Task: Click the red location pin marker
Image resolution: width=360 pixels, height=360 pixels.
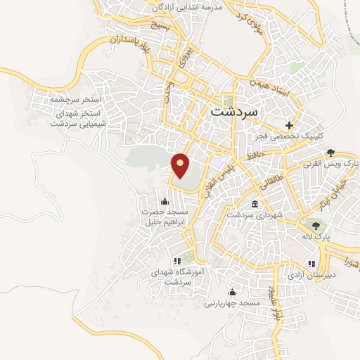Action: pos(181,165)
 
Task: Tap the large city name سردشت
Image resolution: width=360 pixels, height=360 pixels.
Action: pos(234,111)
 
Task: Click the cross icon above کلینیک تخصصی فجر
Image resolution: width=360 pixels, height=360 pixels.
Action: pos(289,125)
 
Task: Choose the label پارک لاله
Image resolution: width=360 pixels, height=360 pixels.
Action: pos(317,238)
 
